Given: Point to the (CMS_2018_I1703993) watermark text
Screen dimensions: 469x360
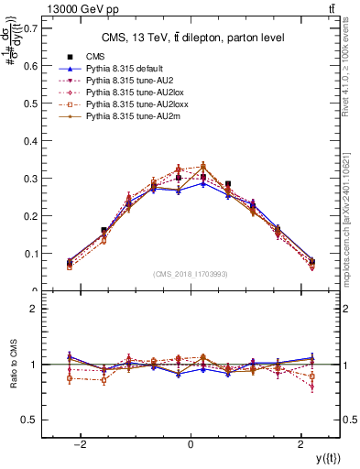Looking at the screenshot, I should point(191,274).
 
